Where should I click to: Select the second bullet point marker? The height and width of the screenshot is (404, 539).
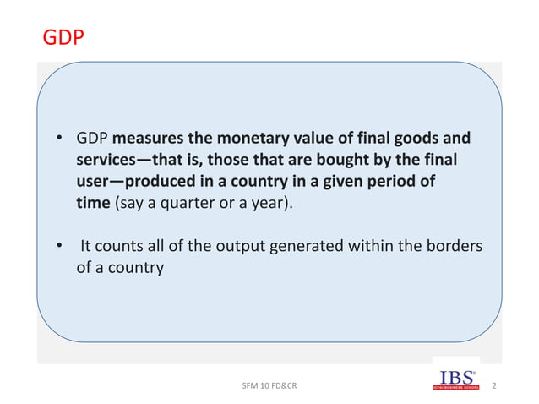[60, 247]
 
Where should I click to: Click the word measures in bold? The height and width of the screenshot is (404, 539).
[144, 139]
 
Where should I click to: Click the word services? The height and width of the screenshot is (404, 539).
[106, 160]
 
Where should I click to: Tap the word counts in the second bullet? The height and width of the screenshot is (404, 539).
[115, 247]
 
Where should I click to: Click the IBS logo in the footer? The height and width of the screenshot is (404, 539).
[456, 380]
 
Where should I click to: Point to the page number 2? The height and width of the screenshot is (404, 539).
[493, 386]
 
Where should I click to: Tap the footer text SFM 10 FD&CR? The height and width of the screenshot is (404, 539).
[269, 387]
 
